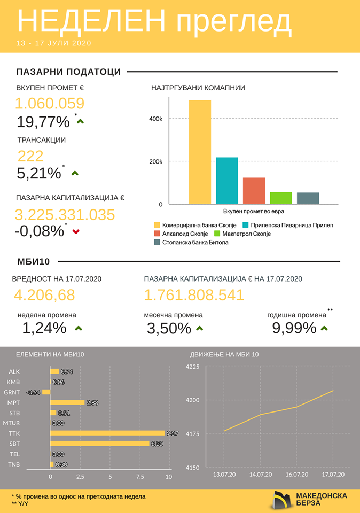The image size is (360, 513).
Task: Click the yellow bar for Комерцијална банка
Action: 200,152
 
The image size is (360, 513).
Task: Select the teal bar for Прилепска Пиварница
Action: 227,181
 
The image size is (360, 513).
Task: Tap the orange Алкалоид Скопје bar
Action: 254,191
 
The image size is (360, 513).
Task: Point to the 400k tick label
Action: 155,119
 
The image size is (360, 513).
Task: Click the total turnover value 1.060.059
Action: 50,104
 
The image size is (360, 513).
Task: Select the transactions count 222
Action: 30,156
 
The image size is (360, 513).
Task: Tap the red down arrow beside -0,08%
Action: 75,231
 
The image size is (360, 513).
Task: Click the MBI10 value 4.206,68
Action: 44,294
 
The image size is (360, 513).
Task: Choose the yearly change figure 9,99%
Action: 294,328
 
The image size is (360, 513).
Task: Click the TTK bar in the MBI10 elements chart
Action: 107,433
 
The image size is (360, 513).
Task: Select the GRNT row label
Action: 14,392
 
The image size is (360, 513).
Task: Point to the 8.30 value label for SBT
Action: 156,443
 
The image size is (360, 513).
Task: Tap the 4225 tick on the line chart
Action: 192,367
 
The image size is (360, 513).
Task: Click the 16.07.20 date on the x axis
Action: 296,474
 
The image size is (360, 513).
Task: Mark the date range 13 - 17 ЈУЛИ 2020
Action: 54,43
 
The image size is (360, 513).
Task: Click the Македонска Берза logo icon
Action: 282,499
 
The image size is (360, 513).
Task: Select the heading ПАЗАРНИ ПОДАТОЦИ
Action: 68,72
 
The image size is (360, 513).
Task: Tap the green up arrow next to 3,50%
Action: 200,329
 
